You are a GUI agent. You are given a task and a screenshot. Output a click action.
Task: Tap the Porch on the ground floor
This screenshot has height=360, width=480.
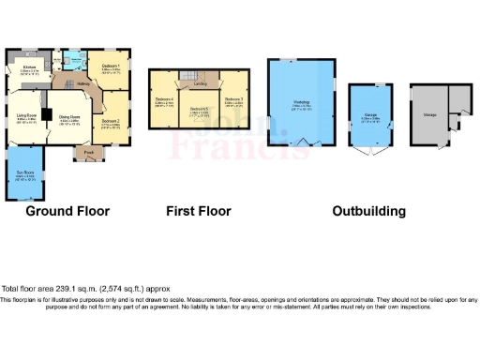(89, 151)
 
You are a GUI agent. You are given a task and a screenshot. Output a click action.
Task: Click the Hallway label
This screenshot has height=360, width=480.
(82, 84)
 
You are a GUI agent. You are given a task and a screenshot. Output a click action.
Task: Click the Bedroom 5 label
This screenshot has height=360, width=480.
(199, 110)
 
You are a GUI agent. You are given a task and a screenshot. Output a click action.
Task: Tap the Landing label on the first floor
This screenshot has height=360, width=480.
(200, 84)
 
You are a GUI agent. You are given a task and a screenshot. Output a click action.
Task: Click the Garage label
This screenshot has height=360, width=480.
(371, 119)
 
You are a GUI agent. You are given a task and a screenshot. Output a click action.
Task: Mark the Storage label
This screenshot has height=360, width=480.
(429, 114)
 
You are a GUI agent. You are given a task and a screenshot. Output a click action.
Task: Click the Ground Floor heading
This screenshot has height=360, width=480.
(63, 211)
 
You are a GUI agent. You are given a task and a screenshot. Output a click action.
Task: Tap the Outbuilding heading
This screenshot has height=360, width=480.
(369, 211)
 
